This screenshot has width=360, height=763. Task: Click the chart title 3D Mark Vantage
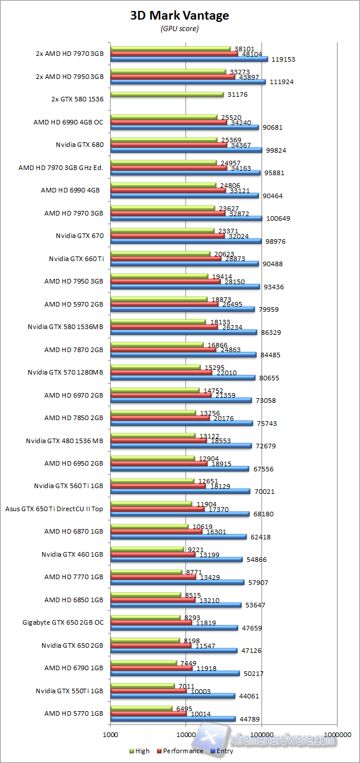click(x=180, y=16)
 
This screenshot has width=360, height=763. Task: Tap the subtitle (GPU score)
click(x=180, y=29)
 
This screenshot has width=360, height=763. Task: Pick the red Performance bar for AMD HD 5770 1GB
click(x=148, y=713)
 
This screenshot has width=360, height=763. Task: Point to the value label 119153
click(x=283, y=59)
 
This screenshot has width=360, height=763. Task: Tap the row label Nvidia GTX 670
click(x=79, y=236)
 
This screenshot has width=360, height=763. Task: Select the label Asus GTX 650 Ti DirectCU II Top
click(x=54, y=508)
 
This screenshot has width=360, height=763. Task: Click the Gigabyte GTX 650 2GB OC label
click(x=63, y=622)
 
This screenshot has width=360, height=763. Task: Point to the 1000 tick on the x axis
click(x=110, y=735)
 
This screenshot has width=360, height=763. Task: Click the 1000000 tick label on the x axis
click(x=338, y=735)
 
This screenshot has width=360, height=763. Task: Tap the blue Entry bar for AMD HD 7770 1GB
click(x=177, y=582)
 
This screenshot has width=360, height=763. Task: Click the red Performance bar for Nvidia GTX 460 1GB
click(x=153, y=554)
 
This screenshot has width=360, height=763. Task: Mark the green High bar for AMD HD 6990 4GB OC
click(x=164, y=117)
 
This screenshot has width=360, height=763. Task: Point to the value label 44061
click(x=249, y=696)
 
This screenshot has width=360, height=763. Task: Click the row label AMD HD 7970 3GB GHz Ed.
click(x=60, y=168)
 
